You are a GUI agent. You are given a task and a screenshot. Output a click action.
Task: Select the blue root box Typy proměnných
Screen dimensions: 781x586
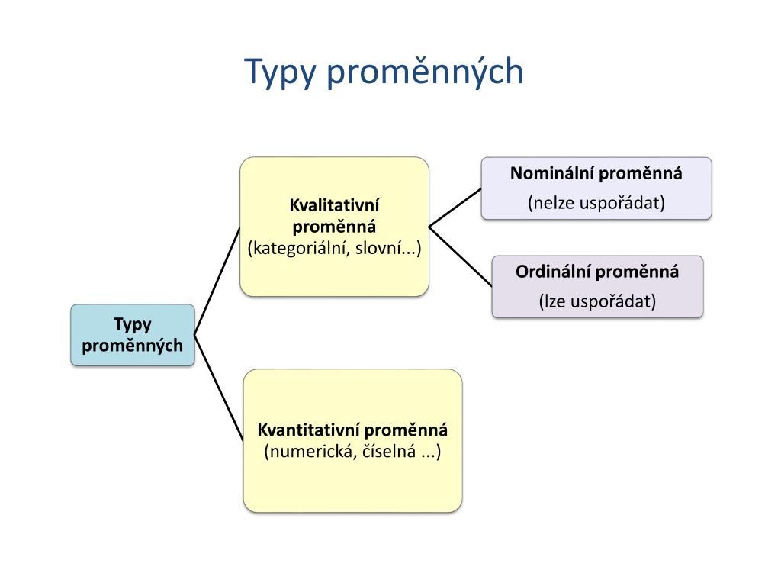tap(133, 335)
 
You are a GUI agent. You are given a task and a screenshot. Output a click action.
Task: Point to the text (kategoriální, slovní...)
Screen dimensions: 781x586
tap(334, 248)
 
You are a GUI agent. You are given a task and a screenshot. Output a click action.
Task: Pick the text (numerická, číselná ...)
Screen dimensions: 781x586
tap(352, 451)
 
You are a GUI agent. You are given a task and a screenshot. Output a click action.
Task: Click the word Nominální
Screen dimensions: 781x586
tap(551, 173)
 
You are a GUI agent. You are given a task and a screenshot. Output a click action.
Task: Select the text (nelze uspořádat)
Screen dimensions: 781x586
tap(596, 203)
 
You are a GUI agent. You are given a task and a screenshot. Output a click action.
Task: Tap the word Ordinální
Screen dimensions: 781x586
tap(553, 272)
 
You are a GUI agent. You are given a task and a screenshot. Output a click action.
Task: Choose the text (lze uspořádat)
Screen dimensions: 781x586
tap(597, 301)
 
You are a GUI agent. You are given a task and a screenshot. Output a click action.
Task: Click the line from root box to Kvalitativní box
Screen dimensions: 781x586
tap(217, 281)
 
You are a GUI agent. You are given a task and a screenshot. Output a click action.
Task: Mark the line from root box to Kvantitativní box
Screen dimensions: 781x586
tap(220, 388)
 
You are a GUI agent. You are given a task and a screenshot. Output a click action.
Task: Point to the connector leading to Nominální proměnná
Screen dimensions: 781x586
tap(455, 208)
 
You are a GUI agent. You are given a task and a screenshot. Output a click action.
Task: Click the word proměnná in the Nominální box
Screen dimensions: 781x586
tap(640, 173)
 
